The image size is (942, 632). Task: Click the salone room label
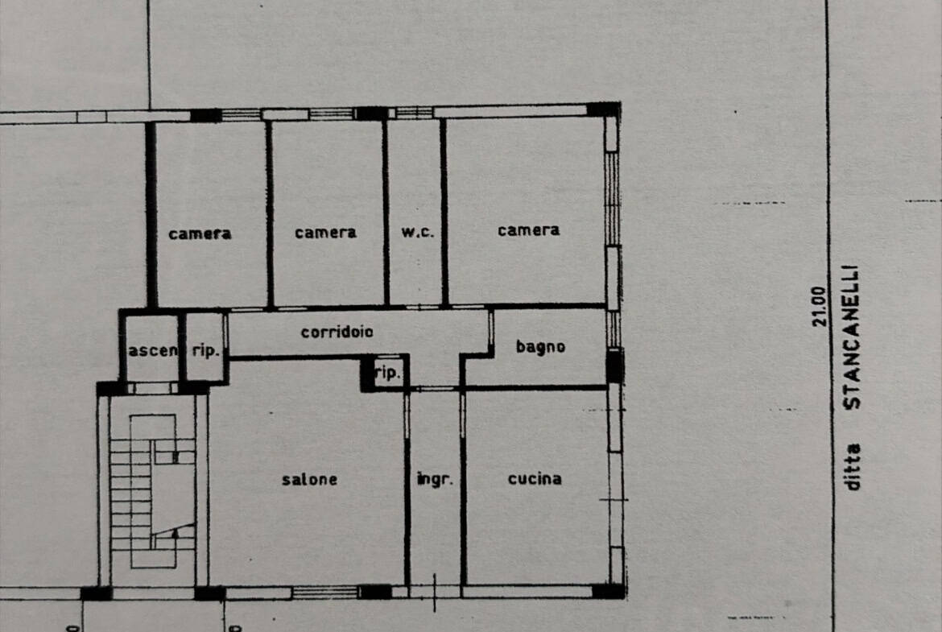click(x=309, y=479)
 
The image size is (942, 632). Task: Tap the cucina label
click(x=535, y=479)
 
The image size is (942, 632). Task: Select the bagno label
click(x=541, y=347)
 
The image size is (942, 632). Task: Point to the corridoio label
click(x=337, y=332)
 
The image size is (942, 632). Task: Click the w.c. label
click(x=418, y=232)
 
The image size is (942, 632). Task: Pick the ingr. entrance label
click(x=435, y=479)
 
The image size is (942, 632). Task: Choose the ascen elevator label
click(x=153, y=350)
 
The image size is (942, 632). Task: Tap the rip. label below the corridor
click(x=387, y=373)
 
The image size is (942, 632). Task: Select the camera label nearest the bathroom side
click(x=529, y=230)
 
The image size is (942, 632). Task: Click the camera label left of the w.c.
click(x=325, y=233)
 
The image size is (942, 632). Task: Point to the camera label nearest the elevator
click(x=200, y=233)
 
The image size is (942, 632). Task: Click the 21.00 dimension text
click(x=819, y=307)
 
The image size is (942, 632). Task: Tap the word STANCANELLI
click(x=853, y=337)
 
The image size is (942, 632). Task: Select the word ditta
click(x=852, y=467)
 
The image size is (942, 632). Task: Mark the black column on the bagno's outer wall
click(x=614, y=366)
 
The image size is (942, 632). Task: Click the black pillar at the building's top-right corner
click(x=604, y=109)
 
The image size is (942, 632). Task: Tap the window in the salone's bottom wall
click(x=325, y=593)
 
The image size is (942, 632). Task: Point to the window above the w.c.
click(x=415, y=113)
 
